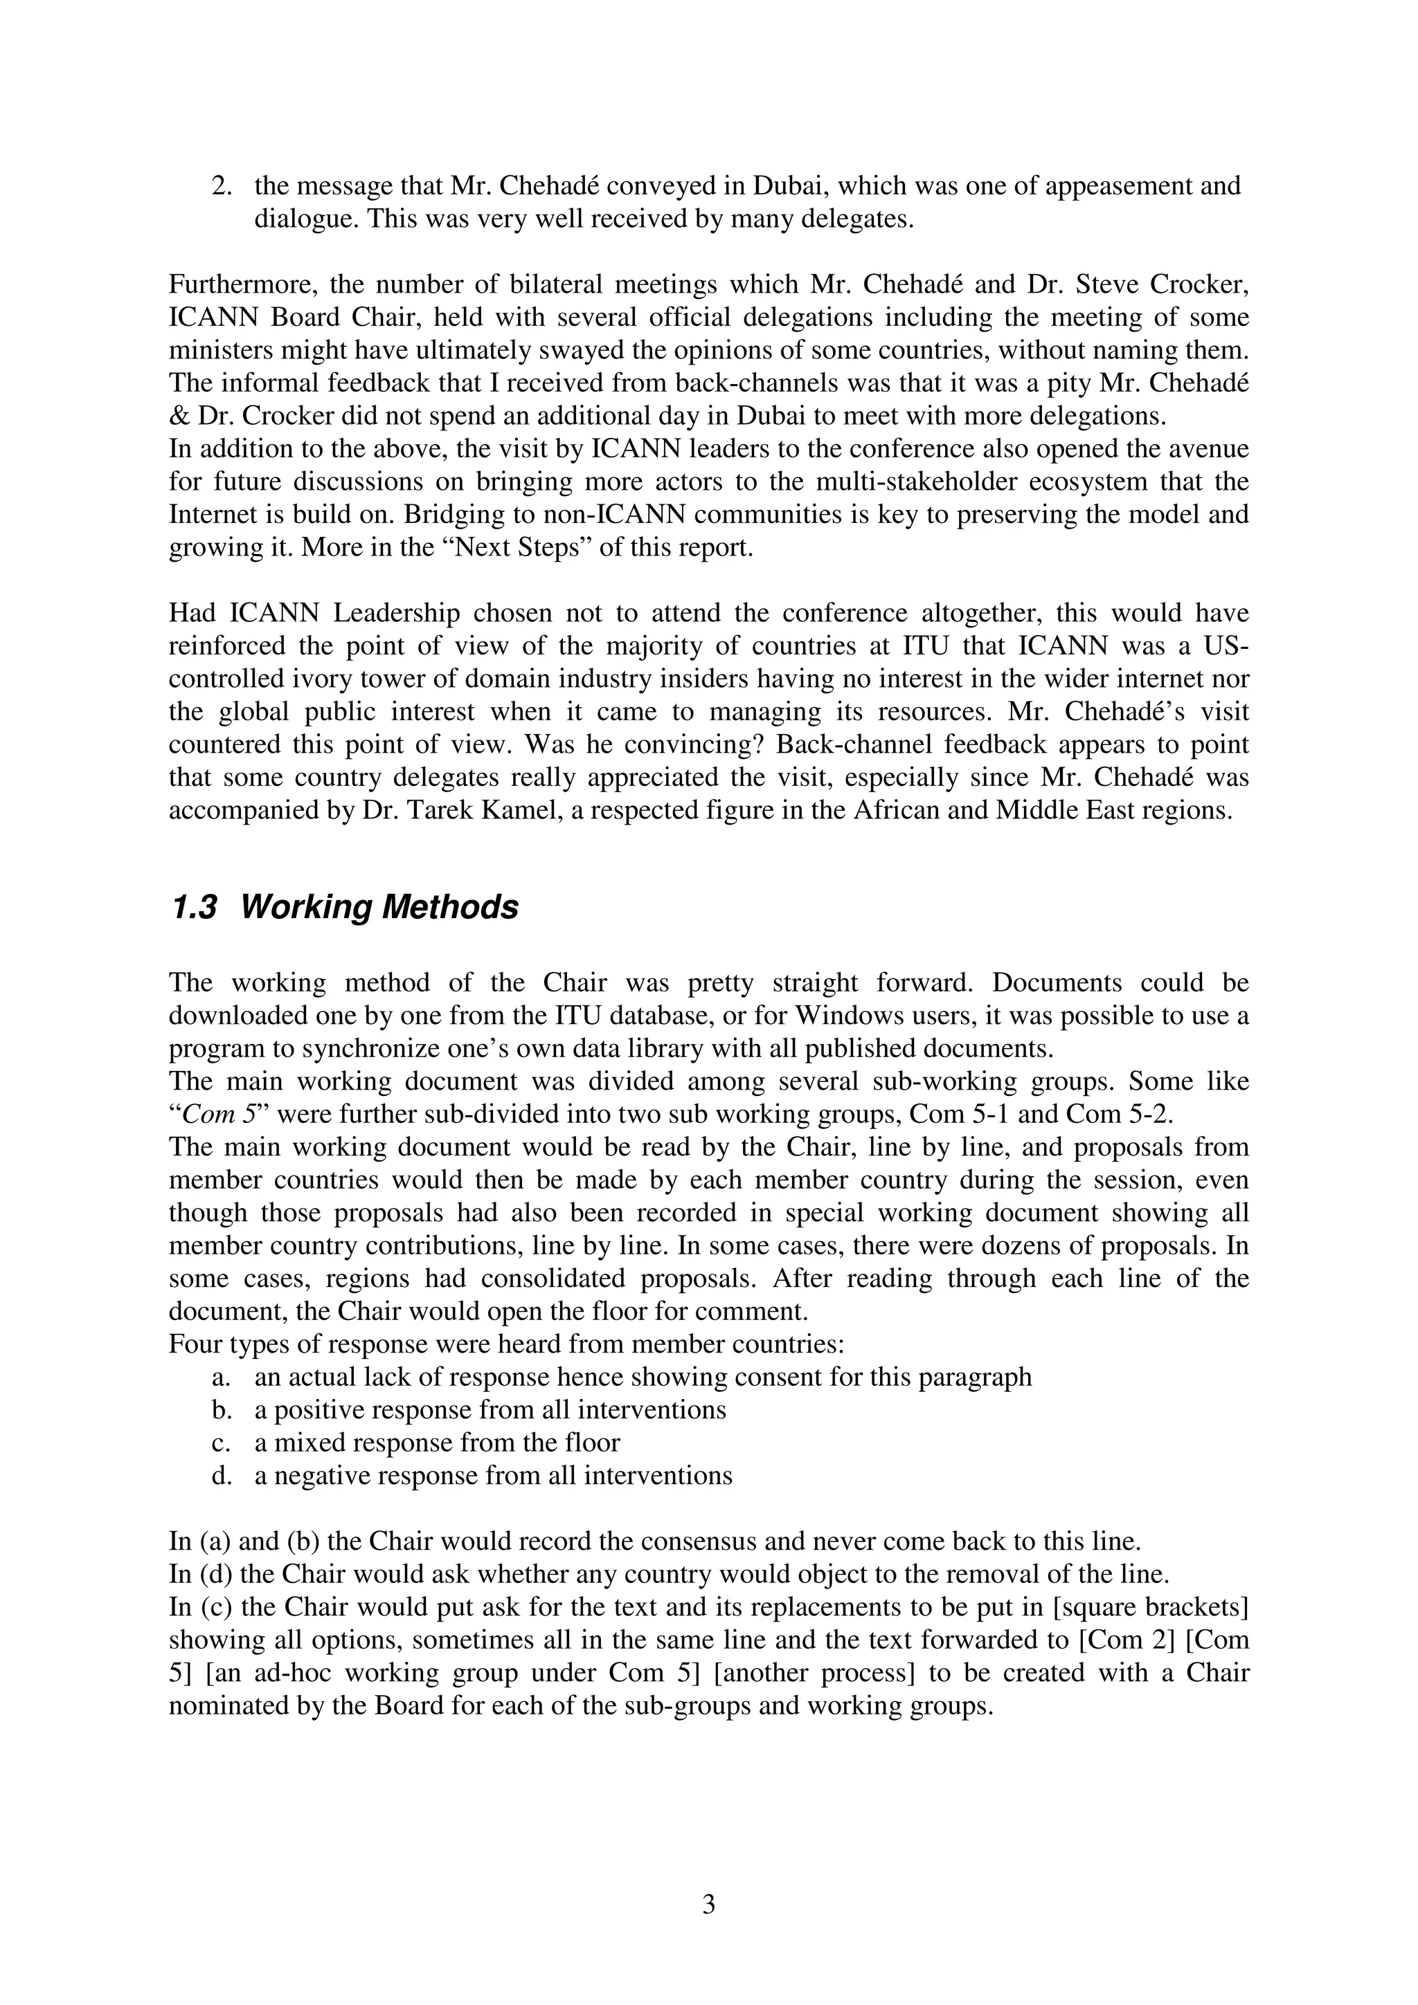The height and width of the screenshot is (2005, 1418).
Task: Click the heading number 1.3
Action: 193,908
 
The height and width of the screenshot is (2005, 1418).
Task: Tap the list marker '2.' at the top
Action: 222,187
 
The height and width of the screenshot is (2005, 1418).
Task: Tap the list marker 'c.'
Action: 220,1443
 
